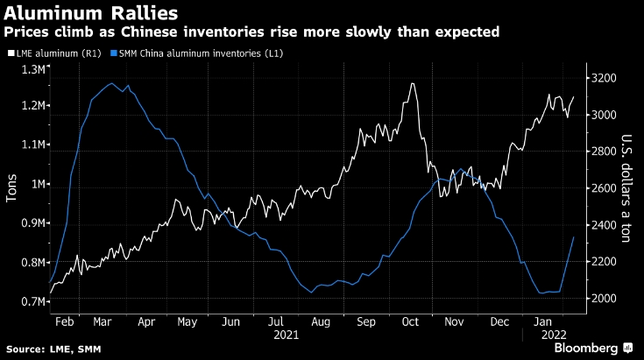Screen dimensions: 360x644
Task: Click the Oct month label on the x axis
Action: point(411,321)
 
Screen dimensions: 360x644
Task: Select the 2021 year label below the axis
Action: point(286,335)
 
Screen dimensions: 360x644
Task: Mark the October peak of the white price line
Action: point(412,83)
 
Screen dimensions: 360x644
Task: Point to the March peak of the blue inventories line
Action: point(111,83)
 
